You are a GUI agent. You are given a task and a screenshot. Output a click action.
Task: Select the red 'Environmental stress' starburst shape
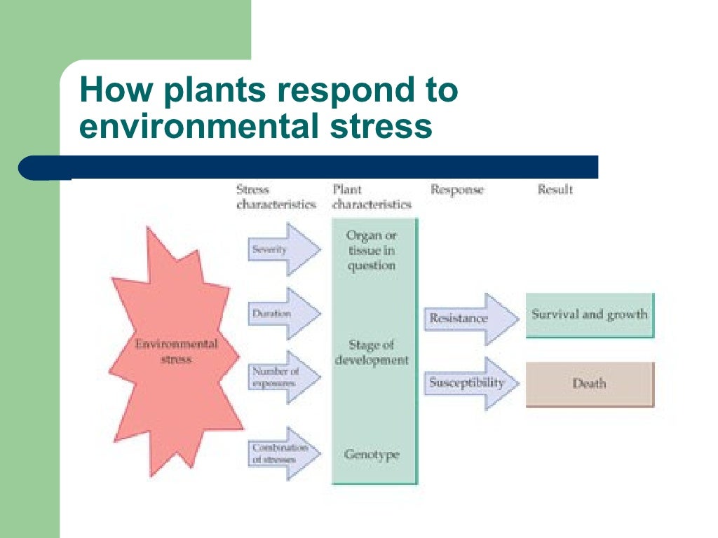pos(175,350)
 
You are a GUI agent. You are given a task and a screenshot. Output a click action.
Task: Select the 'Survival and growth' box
pos(589,315)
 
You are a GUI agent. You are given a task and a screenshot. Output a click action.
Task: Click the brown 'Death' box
pos(589,384)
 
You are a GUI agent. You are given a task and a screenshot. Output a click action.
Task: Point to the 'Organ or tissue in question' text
pos(372,250)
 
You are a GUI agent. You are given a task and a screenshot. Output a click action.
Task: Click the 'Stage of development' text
pos(372,352)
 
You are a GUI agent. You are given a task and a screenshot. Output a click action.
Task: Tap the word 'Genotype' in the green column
pos(372,455)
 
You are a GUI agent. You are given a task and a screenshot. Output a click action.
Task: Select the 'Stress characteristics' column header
pos(276,197)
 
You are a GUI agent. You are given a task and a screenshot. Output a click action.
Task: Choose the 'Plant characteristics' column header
pos(372,197)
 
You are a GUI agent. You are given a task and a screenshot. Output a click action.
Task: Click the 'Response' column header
pos(457,190)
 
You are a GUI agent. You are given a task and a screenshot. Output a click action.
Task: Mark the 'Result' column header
pos(555,189)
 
